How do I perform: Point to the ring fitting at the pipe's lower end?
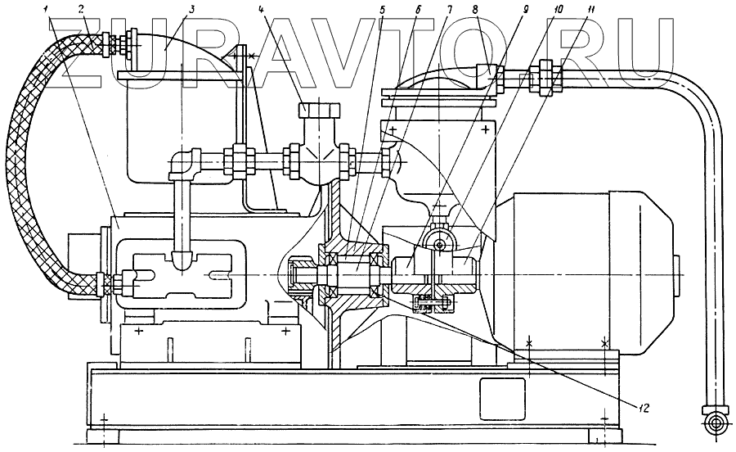click(715, 423)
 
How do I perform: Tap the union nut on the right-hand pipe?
click(543, 77)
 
